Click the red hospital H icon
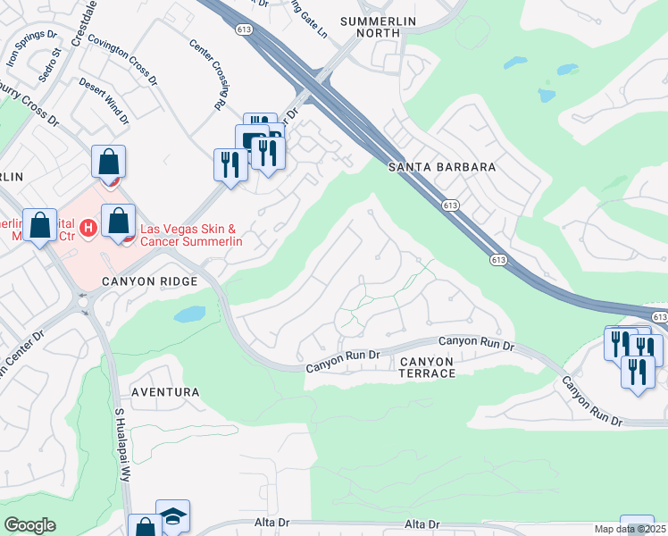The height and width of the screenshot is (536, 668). coord(88,229)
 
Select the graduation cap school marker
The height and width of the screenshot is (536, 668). coord(173,516)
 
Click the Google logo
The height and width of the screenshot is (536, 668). coord(30,525)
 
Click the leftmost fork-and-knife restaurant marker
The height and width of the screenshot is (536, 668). coord(230,165)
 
